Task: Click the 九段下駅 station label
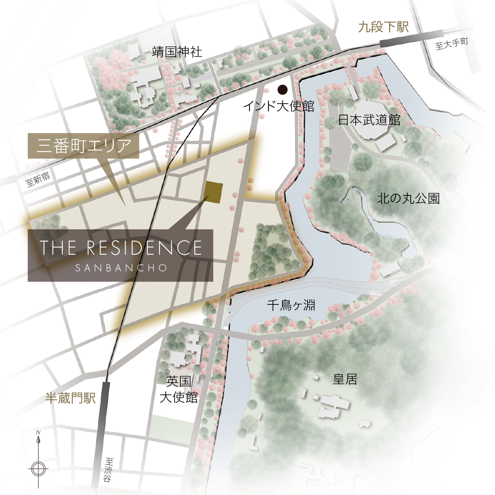pyautogui.click(x=383, y=27)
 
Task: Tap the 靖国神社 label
pyautogui.click(x=177, y=52)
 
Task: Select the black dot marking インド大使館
pyautogui.click(x=282, y=90)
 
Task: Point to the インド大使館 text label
pyautogui.click(x=279, y=106)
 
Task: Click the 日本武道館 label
pyautogui.click(x=369, y=120)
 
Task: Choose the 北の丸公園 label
pyautogui.click(x=408, y=199)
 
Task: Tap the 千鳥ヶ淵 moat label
pyautogui.click(x=291, y=305)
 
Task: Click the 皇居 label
pyautogui.click(x=345, y=379)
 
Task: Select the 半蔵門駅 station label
pyautogui.click(x=70, y=398)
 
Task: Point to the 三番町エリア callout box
pyautogui.click(x=83, y=146)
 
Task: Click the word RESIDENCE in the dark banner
pyautogui.click(x=144, y=248)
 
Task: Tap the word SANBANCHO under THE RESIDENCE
pyautogui.click(x=121, y=268)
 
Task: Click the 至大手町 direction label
pyautogui.click(x=452, y=44)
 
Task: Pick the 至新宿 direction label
pyautogui.click(x=38, y=179)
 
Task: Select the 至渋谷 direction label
pyautogui.click(x=109, y=470)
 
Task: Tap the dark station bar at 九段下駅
pyautogui.click(x=411, y=38)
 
